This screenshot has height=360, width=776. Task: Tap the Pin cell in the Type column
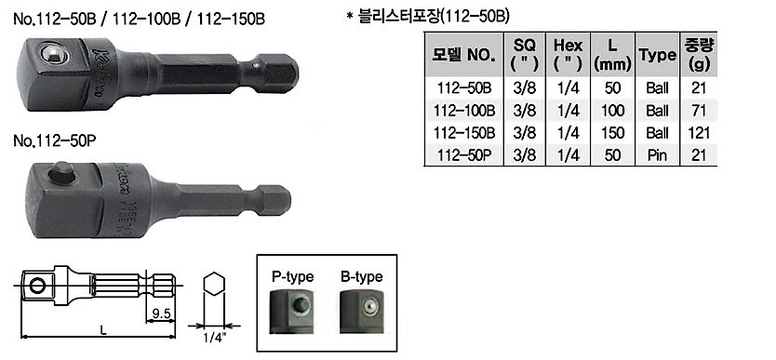(x=657, y=154)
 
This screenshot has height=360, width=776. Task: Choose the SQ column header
(x=522, y=54)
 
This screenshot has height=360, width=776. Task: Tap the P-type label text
(x=292, y=276)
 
